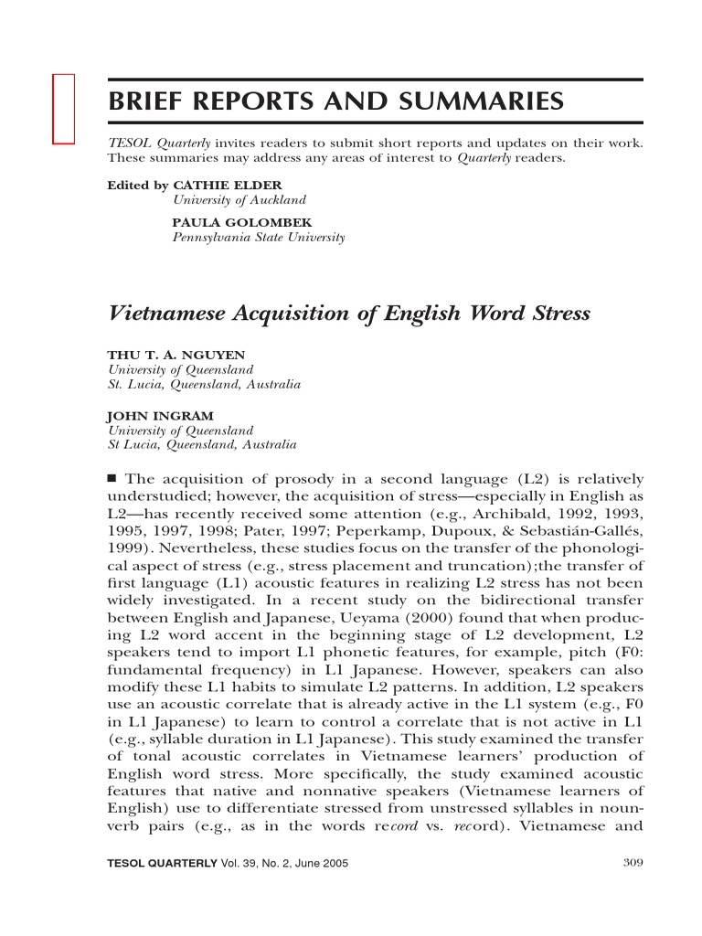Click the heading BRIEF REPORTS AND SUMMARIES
pos(336,101)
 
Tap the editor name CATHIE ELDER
pos(223,184)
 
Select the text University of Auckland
pos(239,199)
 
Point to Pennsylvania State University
pos(259,238)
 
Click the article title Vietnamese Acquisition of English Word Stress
pos(349,314)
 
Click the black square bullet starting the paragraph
pos(113,478)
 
